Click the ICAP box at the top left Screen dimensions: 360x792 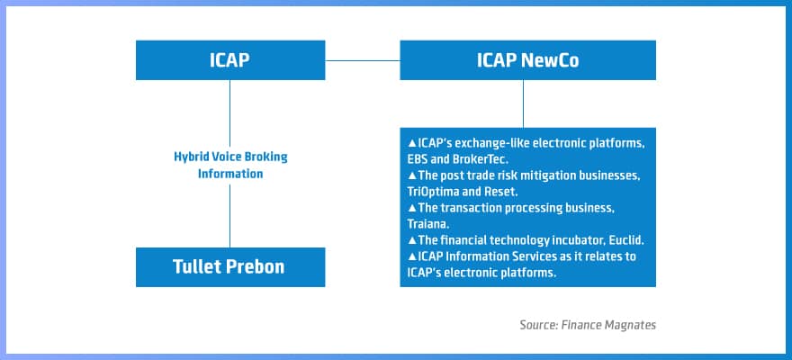[x=230, y=60]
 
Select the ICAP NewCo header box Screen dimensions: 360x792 [x=524, y=60]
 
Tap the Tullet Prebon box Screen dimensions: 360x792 [x=230, y=267]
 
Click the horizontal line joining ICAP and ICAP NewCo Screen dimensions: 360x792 [x=362, y=60]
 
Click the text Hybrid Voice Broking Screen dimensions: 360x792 [x=230, y=157]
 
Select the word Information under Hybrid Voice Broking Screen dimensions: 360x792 [x=230, y=173]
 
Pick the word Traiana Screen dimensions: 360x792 [x=430, y=223]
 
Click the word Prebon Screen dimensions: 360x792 [x=257, y=267]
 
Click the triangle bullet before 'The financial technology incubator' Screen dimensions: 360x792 [x=411, y=240]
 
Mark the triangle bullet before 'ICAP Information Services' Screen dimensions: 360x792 [x=411, y=256]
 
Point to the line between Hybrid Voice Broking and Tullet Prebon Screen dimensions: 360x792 [x=230, y=214]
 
